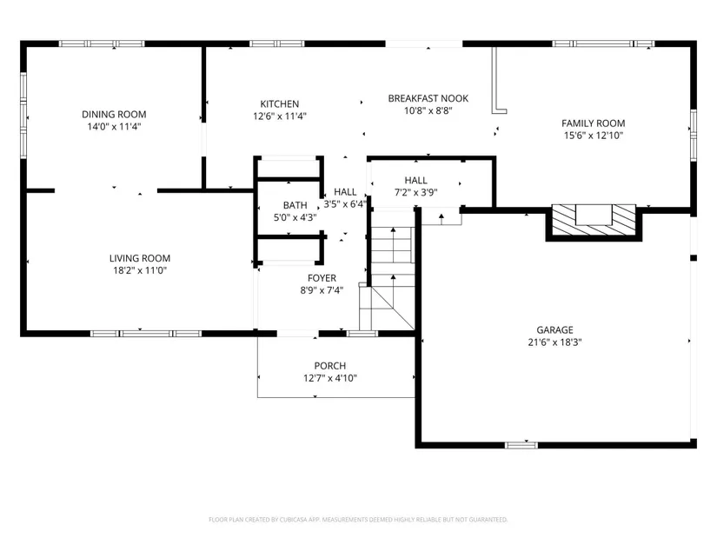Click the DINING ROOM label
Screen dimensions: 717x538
pyautogui.click(x=114, y=115)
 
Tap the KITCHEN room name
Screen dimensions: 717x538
pyautogui.click(x=279, y=103)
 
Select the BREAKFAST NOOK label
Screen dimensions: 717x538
pyautogui.click(x=428, y=98)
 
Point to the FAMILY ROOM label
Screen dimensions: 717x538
pyautogui.click(x=593, y=123)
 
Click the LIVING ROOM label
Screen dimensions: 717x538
pyautogui.click(x=139, y=258)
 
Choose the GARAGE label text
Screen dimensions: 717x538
pyautogui.click(x=554, y=330)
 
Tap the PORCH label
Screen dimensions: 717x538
pyautogui.click(x=329, y=366)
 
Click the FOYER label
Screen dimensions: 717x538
pyautogui.click(x=322, y=278)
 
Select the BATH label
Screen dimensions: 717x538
pyautogui.click(x=295, y=205)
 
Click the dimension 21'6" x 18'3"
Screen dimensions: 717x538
pyautogui.click(x=554, y=342)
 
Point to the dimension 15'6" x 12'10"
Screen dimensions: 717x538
pyautogui.click(x=593, y=136)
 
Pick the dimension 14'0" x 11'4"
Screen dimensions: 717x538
pyautogui.click(x=114, y=127)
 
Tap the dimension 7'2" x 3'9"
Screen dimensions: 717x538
pyautogui.click(x=415, y=193)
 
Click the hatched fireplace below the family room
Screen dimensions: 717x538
pyautogui.click(x=594, y=221)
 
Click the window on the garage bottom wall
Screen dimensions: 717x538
pyautogui.click(x=521, y=445)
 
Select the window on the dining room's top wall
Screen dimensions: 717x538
pyautogui.click(x=102, y=44)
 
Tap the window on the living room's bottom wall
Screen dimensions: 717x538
pyautogui.click(x=146, y=334)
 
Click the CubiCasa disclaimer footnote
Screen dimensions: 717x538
pyautogui.click(x=358, y=520)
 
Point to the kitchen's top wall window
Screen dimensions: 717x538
pyautogui.click(x=277, y=44)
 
